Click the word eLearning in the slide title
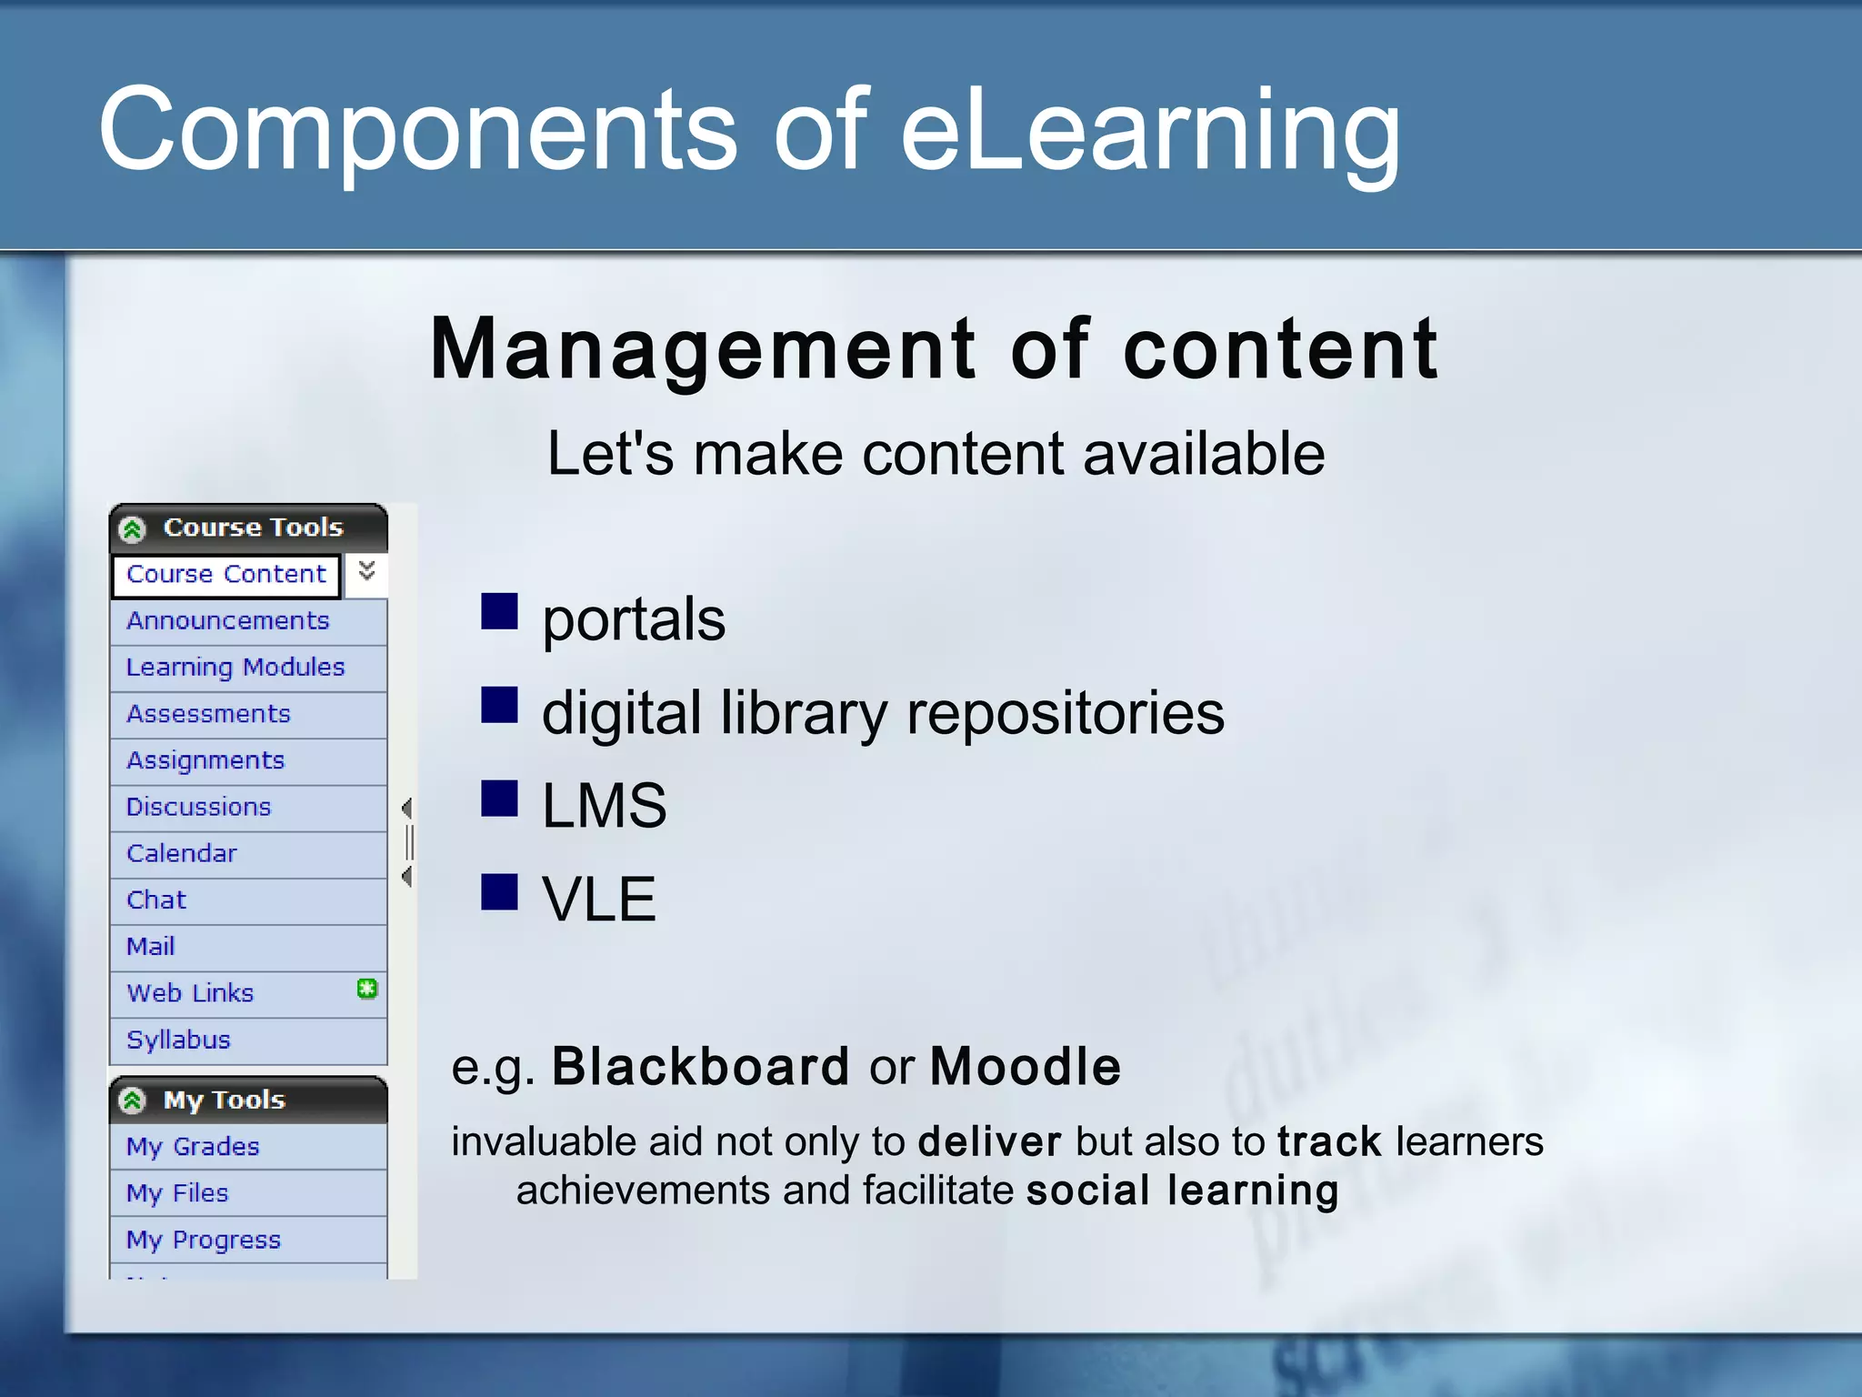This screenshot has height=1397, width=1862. click(1150, 129)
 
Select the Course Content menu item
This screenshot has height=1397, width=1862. click(225, 575)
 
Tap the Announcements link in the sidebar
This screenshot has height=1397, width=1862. click(227, 621)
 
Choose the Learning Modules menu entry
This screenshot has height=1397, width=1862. click(235, 668)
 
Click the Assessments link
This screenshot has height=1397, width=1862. click(208, 714)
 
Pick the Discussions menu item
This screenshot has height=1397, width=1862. click(198, 807)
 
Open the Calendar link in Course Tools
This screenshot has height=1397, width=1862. click(181, 853)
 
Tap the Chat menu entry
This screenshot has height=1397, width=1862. click(155, 900)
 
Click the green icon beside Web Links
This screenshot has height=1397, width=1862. click(366, 989)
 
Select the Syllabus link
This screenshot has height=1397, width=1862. click(178, 1040)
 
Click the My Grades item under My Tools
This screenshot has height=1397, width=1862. click(193, 1147)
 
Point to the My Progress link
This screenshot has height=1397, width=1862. click(204, 1240)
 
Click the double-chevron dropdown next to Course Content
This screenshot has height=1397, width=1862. click(366, 571)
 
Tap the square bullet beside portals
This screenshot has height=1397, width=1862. click(499, 611)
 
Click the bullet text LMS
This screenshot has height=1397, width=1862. click(604, 806)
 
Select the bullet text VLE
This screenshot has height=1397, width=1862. click(598, 900)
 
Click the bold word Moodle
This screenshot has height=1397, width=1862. click(1025, 1066)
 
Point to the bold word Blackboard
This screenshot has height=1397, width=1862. click(700, 1066)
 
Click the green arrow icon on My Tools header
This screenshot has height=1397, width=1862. click(133, 1101)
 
